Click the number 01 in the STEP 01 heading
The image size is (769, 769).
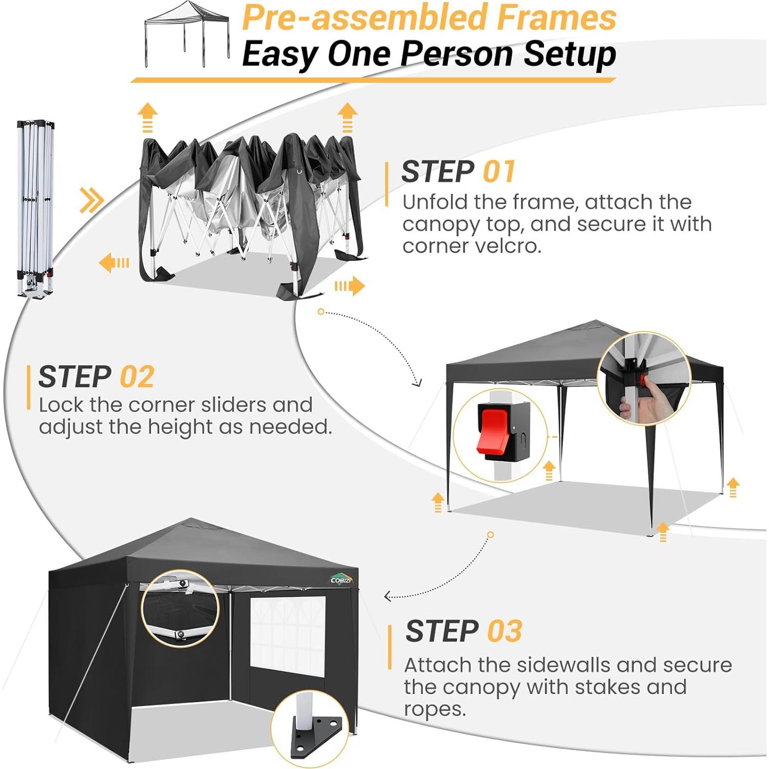pos(498,172)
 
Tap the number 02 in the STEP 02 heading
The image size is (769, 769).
pos(137,377)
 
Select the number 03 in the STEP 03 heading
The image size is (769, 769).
pos(504,631)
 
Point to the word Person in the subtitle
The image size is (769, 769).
pos(456,54)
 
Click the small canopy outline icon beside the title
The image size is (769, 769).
pos(186,34)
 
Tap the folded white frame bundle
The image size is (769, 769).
pos(35,208)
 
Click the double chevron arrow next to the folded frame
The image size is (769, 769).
pos(91,200)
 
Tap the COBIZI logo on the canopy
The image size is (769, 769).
pos(341,580)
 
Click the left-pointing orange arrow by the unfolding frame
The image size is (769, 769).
pos(114,263)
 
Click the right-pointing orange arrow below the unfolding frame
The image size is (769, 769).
pos(350,286)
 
